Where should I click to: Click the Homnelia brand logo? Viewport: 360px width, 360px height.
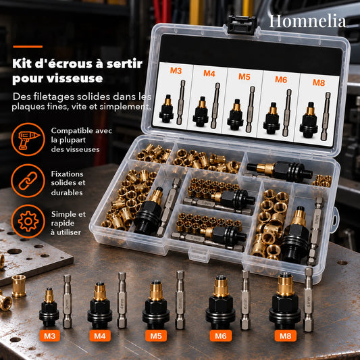pyautogui.click(x=307, y=21)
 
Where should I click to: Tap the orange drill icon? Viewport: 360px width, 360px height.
pyautogui.click(x=28, y=140)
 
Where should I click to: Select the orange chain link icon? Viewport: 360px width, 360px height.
pyautogui.click(x=28, y=181)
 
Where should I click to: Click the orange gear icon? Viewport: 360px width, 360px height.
pyautogui.click(x=28, y=222)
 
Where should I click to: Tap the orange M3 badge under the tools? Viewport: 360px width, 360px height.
pyautogui.click(x=49, y=336)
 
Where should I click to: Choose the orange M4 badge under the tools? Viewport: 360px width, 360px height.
pyautogui.click(x=100, y=336)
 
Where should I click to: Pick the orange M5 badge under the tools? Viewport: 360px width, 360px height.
pyautogui.click(x=156, y=336)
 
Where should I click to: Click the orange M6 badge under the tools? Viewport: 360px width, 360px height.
pyautogui.click(x=221, y=336)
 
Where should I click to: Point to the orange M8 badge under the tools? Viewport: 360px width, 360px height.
pyautogui.click(x=286, y=336)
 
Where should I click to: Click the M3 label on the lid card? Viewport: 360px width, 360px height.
pyautogui.click(x=176, y=70)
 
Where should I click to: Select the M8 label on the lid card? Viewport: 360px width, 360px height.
pyautogui.click(x=319, y=82)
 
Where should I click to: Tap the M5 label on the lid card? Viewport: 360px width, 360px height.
pyautogui.click(x=244, y=76)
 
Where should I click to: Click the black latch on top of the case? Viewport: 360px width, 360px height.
pyautogui.click(x=241, y=24)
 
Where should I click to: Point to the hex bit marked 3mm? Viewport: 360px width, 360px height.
pyautogui.click(x=68, y=301)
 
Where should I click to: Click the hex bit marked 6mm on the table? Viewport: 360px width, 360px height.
pyautogui.click(x=245, y=300)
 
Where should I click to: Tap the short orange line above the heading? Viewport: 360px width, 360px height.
pyautogui.click(x=28, y=47)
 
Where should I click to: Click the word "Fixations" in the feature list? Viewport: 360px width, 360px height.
pyautogui.click(x=67, y=174)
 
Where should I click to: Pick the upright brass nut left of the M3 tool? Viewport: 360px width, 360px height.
pyautogui.click(x=19, y=286)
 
